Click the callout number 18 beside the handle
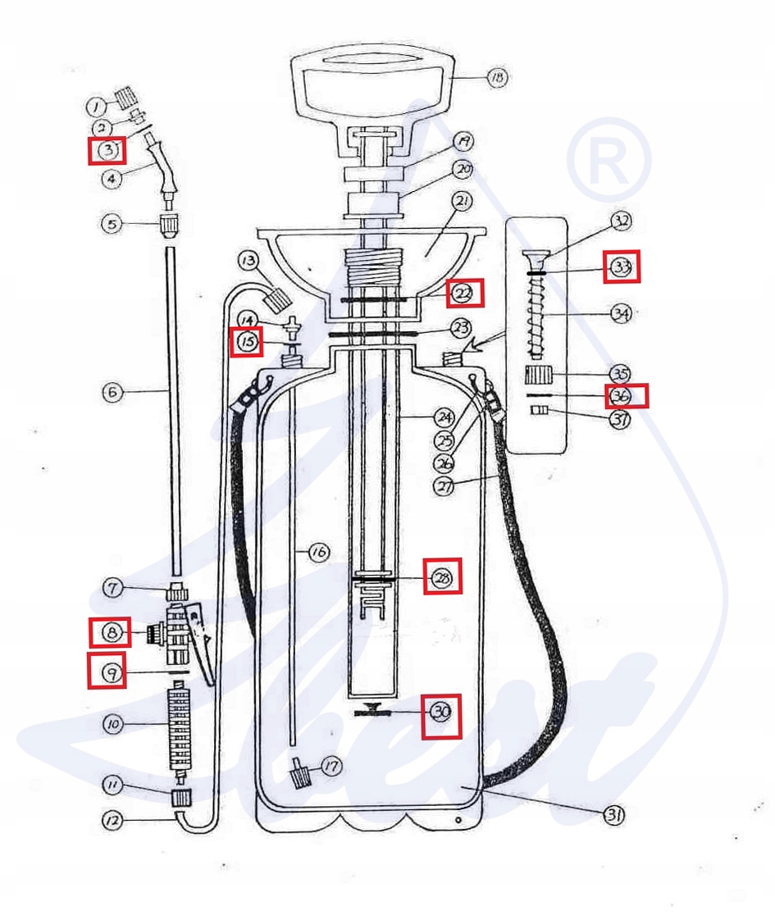pyautogui.click(x=497, y=78)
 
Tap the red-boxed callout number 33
pyautogui.click(x=622, y=267)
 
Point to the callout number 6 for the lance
pyautogui.click(x=112, y=392)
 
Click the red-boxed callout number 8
pyautogui.click(x=110, y=631)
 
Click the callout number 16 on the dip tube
pyautogui.click(x=318, y=553)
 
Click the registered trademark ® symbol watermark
pyautogui.click(x=609, y=158)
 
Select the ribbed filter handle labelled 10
pyautogui.click(x=177, y=726)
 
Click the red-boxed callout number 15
pyautogui.click(x=247, y=341)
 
